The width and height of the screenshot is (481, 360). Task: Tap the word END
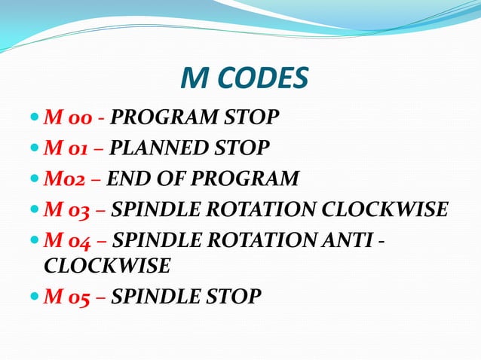point(125,179)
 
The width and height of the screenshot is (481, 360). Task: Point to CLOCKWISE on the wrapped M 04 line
point(107,266)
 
